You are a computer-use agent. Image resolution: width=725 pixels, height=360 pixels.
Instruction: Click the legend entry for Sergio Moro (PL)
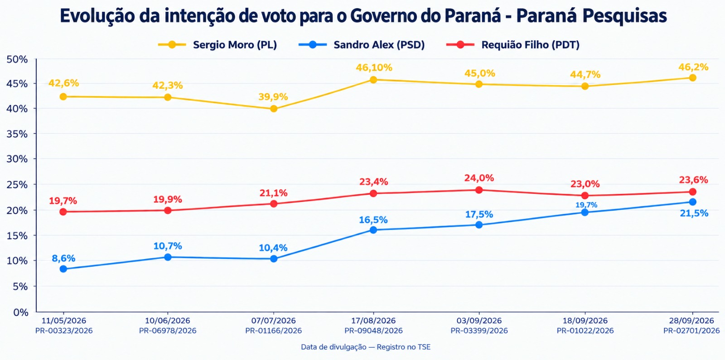pos(217,45)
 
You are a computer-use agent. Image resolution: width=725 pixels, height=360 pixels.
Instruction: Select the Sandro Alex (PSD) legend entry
pos(362,45)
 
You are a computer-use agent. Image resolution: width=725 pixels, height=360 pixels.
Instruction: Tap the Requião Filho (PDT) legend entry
pos(512,45)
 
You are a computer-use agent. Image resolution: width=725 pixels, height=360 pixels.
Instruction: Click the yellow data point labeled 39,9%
pos(274,109)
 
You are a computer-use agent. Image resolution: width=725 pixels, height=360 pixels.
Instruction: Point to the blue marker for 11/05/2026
pos(63,269)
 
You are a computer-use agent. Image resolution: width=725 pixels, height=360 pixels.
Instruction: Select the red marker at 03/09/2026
pos(479,190)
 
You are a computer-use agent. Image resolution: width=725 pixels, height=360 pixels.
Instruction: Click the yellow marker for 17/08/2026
pos(373,80)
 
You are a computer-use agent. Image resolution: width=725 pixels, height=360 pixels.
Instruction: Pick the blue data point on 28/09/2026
pos(693,202)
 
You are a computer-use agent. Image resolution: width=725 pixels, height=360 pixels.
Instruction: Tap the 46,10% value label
pos(374,67)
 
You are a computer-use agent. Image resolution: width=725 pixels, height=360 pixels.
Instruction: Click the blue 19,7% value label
pos(586,205)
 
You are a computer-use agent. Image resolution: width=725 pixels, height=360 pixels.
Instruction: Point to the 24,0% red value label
pos(479,178)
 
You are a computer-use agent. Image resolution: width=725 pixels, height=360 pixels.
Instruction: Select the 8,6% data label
pos(63,258)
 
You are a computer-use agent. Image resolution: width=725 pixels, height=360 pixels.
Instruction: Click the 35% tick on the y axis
pos(17,134)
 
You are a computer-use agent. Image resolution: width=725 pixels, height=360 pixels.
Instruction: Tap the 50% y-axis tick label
pos(17,59)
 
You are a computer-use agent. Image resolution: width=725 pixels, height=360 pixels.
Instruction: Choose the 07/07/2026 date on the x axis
pos(274,321)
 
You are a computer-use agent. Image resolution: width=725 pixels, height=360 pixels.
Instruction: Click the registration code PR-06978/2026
pos(168,331)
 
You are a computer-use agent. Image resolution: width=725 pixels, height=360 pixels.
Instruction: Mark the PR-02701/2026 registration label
pos(691,331)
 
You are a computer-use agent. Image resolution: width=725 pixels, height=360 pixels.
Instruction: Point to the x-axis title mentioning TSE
pos(366,347)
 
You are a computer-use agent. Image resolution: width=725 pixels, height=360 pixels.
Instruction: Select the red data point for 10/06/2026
pos(168,211)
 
